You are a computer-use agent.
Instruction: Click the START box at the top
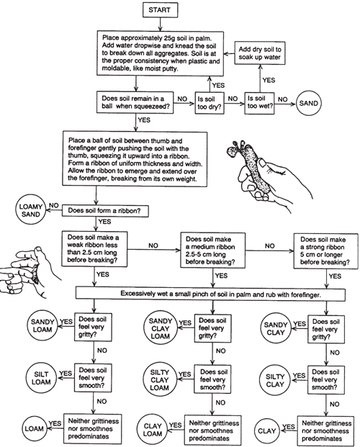[x=159, y=10]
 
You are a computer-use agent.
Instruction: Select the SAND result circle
[x=308, y=103]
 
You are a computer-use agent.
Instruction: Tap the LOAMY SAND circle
[x=30, y=210]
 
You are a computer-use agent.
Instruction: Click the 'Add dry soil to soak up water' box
[x=260, y=53]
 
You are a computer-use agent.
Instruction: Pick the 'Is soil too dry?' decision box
[x=210, y=103]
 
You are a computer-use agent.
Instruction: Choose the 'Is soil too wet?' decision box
[x=259, y=103]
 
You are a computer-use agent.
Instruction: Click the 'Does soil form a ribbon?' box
[x=105, y=211]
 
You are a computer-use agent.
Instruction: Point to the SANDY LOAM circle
[x=42, y=326]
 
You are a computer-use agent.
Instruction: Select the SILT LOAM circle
[x=41, y=378]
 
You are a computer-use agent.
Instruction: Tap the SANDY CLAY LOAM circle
[x=161, y=328]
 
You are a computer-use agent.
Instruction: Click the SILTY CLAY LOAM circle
[x=159, y=380]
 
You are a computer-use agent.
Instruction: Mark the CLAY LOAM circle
[x=153, y=430]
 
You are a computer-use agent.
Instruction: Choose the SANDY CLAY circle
[x=275, y=329]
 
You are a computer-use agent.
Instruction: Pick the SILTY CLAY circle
[x=275, y=380]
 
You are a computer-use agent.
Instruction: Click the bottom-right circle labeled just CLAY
[x=266, y=430]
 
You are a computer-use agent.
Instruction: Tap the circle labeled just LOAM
[x=35, y=428]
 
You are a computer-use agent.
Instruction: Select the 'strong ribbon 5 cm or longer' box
[x=326, y=251]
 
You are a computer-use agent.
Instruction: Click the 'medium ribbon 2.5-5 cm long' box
[x=213, y=250]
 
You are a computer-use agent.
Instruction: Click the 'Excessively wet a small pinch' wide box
[x=210, y=294]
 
